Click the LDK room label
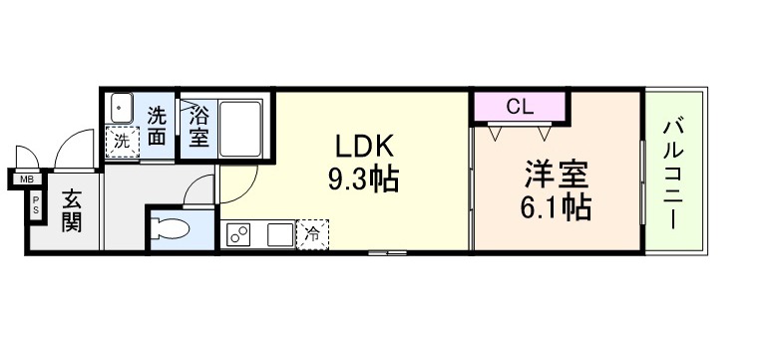[363, 147]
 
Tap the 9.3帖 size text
[363, 180]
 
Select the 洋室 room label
[556, 176]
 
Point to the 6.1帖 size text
[556, 207]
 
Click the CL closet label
[520, 107]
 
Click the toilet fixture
[170, 228]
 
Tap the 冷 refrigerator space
[312, 234]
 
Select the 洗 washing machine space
[123, 142]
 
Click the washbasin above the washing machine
[122, 108]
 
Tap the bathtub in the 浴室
[240, 129]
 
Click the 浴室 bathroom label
[199, 129]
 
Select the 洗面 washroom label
[157, 126]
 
